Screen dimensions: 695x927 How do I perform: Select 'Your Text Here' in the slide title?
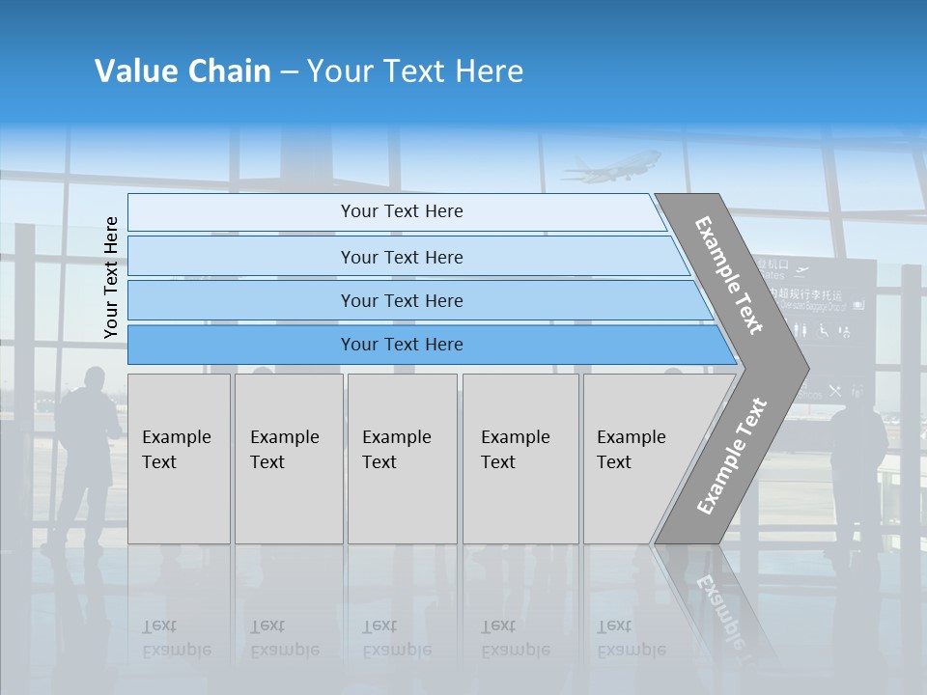coord(415,71)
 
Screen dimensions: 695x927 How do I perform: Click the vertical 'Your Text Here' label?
coord(111,278)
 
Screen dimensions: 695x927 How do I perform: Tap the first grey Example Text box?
coord(179,459)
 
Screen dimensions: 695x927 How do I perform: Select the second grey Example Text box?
coord(289,459)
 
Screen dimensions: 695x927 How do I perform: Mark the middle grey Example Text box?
coord(402,459)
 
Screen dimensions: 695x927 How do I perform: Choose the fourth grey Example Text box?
coord(520,459)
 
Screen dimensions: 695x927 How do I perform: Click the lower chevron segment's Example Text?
coord(732,456)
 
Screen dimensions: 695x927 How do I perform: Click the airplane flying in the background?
coord(613,166)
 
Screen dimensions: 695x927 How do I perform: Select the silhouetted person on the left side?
coord(85,454)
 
